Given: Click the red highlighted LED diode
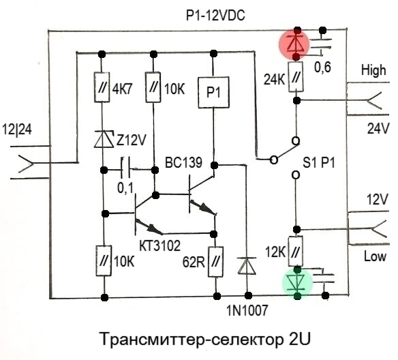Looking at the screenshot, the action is pyautogui.click(x=294, y=44).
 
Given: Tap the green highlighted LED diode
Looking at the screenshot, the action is pyautogui.click(x=298, y=282).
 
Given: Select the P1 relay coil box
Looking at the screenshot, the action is pyautogui.click(x=214, y=93).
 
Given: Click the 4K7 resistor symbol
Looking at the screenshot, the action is pyautogui.click(x=102, y=87).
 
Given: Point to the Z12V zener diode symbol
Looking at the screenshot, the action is pyautogui.click(x=104, y=139).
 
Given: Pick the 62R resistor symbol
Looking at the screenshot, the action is pyautogui.click(x=215, y=262).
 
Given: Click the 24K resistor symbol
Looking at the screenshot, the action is pyautogui.click(x=296, y=76).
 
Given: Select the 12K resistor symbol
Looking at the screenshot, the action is pyautogui.click(x=296, y=252).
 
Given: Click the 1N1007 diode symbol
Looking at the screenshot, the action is pyautogui.click(x=247, y=266).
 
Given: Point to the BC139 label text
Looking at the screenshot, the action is pyautogui.click(x=183, y=162).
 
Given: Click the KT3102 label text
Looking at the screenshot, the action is pyautogui.click(x=160, y=245).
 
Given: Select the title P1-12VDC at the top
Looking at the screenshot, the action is pyautogui.click(x=216, y=16).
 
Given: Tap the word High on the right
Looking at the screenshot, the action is pyautogui.click(x=373, y=70).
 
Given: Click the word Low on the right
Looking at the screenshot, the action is pyautogui.click(x=375, y=256).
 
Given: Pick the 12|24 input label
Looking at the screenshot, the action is pyautogui.click(x=17, y=130).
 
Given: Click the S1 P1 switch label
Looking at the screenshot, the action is pyautogui.click(x=319, y=162).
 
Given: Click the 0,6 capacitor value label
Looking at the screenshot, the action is pyautogui.click(x=322, y=67).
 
